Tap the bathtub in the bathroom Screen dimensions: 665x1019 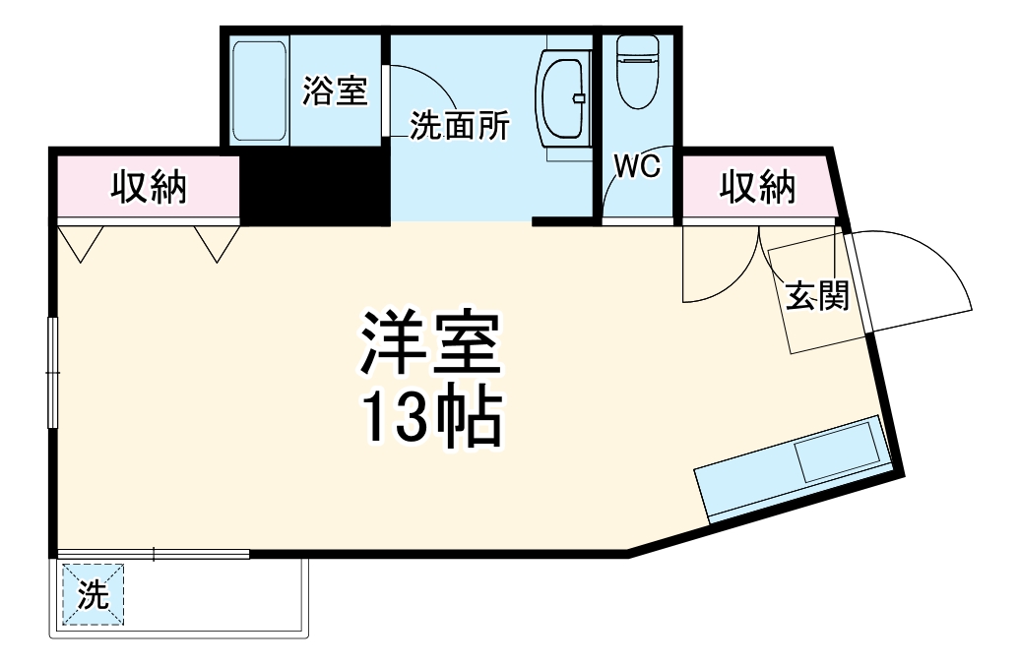(260, 91)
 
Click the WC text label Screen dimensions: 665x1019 (636, 165)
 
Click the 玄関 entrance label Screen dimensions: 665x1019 (816, 295)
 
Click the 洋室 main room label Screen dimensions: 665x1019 (432, 344)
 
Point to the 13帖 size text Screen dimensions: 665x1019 (432, 418)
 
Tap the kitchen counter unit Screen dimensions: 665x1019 (793, 468)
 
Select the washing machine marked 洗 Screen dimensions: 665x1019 (93, 594)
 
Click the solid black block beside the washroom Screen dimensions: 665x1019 (315, 187)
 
